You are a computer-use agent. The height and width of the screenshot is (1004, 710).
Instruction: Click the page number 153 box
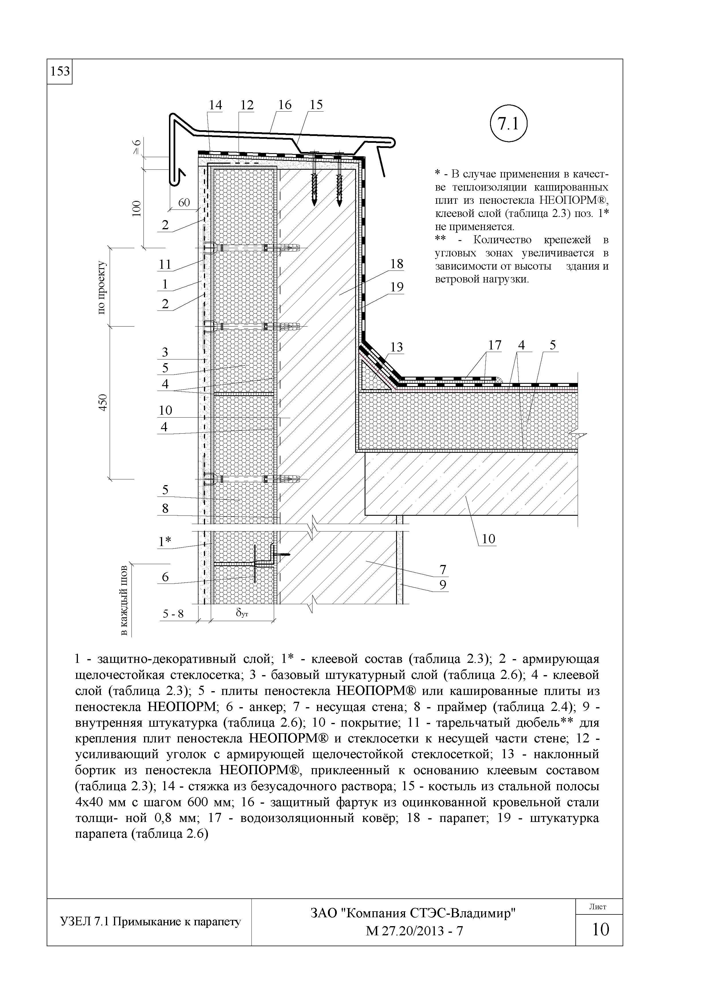point(60,71)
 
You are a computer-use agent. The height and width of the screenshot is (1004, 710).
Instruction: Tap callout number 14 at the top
point(215,105)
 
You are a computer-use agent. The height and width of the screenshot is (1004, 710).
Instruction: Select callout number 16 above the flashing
point(284,105)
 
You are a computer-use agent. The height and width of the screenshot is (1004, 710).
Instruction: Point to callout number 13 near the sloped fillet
point(396,347)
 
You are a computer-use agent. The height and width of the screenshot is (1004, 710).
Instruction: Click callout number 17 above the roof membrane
point(495,345)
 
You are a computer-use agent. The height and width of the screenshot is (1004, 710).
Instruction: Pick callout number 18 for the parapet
point(397,264)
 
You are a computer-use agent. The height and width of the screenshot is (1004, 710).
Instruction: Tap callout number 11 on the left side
point(165,264)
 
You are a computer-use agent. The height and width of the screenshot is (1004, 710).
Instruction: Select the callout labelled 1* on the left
point(165,542)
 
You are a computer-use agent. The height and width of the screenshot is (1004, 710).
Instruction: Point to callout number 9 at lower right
point(443,585)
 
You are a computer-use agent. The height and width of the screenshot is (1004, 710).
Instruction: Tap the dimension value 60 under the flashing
point(184,202)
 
